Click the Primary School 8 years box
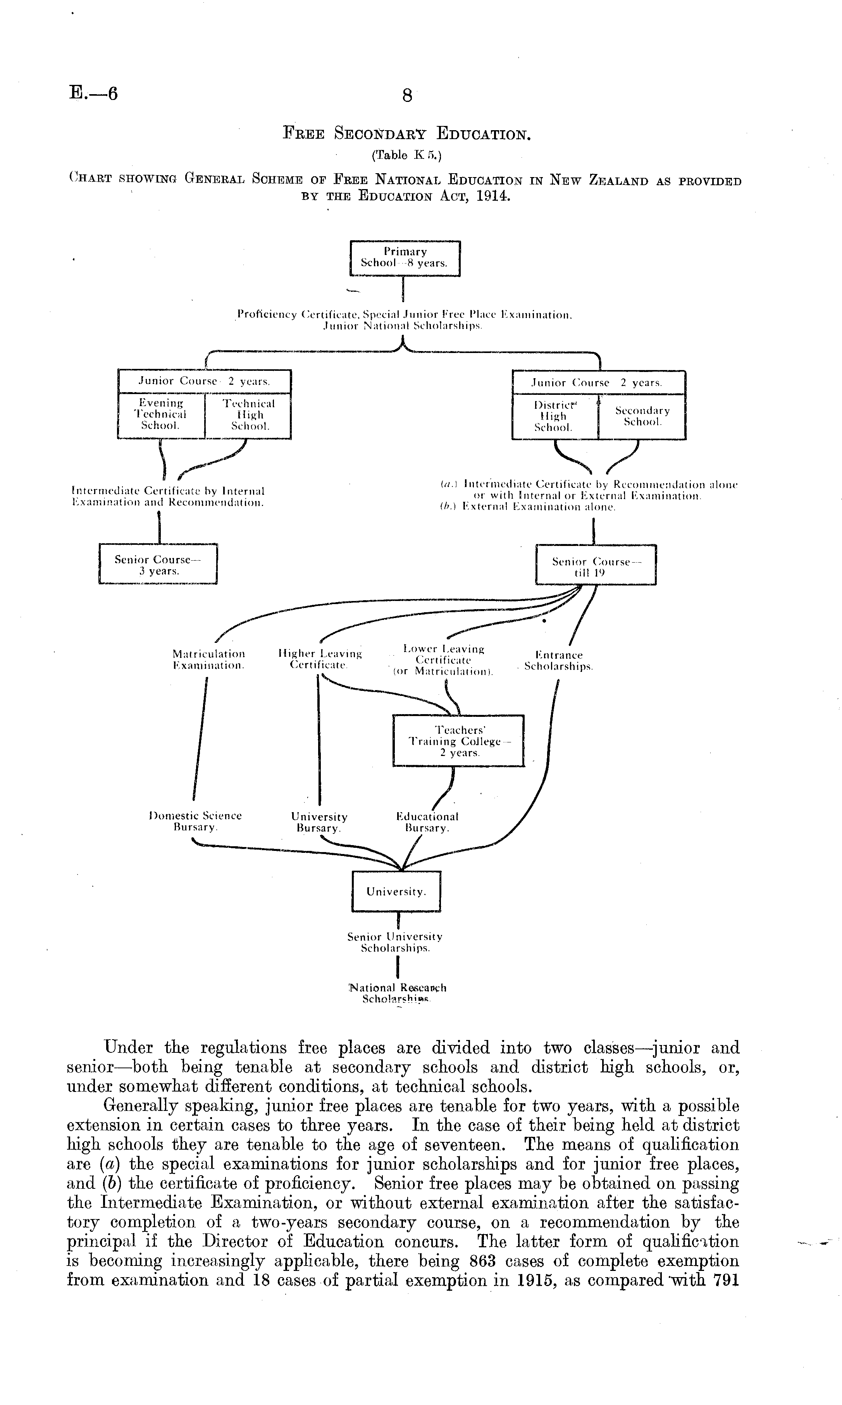[x=405, y=258]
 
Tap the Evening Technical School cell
[x=161, y=415]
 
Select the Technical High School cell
[x=248, y=415]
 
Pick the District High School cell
[x=554, y=416]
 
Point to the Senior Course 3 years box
[x=158, y=565]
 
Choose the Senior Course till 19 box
[x=596, y=566]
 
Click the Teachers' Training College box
[x=458, y=741]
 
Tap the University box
[x=396, y=892]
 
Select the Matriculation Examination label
[x=209, y=659]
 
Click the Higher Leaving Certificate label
[x=320, y=659]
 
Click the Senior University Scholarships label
[x=395, y=942]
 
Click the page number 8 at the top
[x=407, y=96]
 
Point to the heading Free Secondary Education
[x=407, y=134]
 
